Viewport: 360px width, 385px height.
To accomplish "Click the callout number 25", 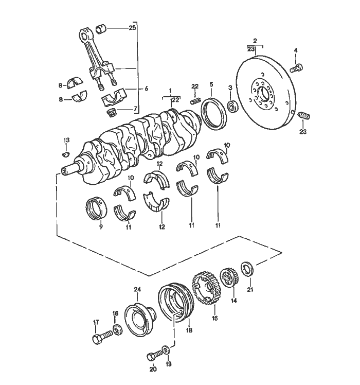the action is (x=132, y=28).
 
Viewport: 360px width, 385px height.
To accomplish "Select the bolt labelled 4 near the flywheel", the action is (x=296, y=67).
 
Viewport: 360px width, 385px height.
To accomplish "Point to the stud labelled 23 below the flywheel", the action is (x=304, y=116).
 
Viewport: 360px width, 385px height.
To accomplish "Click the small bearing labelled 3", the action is (x=232, y=107).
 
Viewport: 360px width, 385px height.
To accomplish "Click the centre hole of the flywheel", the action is (x=264, y=95).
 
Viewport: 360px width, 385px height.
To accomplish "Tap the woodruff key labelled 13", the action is (x=65, y=154).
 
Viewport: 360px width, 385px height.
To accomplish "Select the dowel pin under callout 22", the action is (x=195, y=101).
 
